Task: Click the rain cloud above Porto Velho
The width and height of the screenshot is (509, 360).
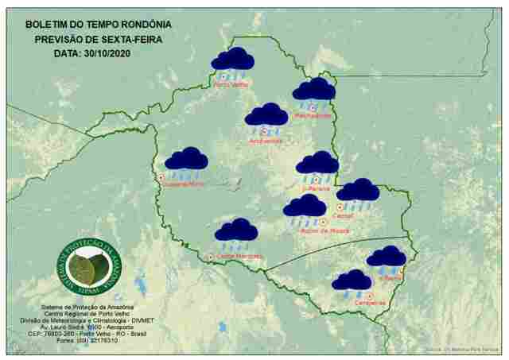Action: (x=232, y=60)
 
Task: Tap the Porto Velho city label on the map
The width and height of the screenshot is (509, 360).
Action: (x=231, y=83)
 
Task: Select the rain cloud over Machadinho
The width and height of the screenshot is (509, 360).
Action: (x=313, y=91)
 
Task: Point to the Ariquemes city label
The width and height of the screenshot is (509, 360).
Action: (x=266, y=141)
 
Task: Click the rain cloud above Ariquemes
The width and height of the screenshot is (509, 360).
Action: (x=266, y=116)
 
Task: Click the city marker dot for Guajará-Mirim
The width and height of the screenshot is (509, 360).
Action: (x=161, y=177)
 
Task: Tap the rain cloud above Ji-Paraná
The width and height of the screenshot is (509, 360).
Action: (x=317, y=164)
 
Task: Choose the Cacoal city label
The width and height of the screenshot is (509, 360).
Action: (x=344, y=215)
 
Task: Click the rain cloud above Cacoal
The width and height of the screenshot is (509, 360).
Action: (x=358, y=192)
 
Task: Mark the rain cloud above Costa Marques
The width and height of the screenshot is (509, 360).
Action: (x=236, y=231)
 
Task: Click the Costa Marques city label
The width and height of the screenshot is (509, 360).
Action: (x=239, y=256)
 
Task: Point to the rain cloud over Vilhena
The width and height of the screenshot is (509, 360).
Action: (x=387, y=257)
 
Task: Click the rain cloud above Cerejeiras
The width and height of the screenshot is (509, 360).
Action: (x=352, y=281)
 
